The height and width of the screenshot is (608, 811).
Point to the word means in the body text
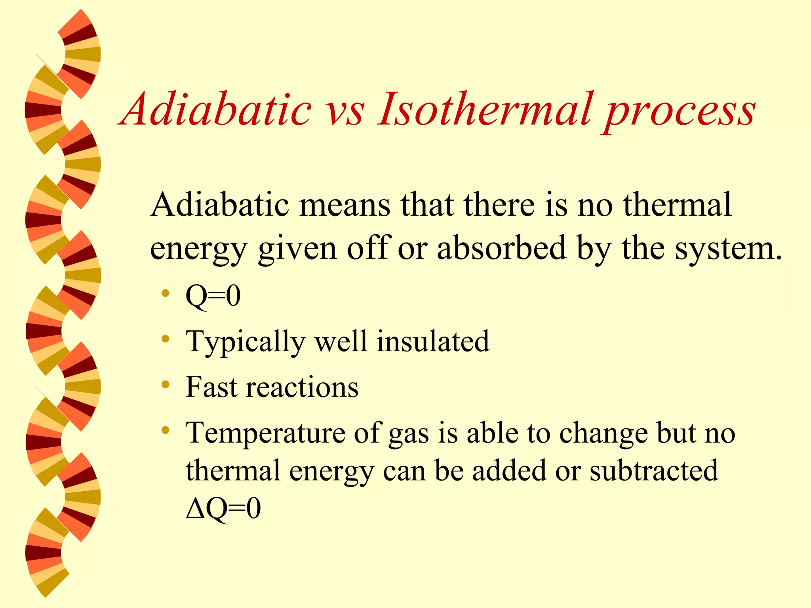click(x=345, y=205)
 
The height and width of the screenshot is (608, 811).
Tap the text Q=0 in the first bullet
click(x=213, y=296)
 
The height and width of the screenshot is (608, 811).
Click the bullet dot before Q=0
click(x=166, y=294)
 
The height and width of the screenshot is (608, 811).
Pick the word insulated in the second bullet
click(x=432, y=341)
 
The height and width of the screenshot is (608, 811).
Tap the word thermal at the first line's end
click(x=677, y=205)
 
